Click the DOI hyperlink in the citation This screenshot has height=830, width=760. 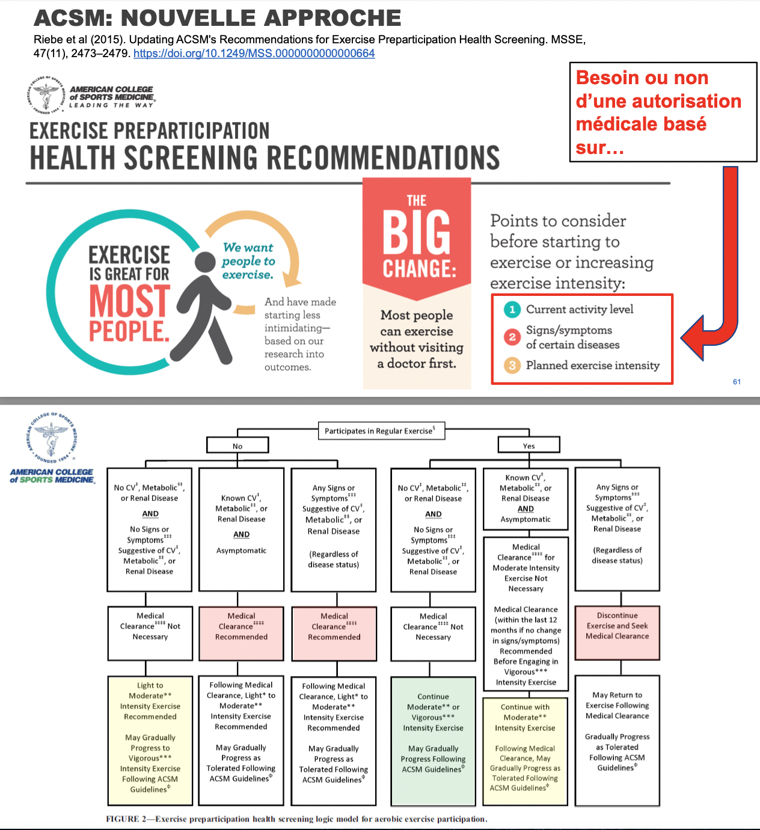[x=254, y=54]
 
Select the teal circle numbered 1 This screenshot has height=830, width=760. [x=512, y=310]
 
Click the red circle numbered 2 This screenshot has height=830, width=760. [x=512, y=337]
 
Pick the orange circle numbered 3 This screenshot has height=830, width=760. [x=512, y=365]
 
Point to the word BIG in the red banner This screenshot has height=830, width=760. [x=417, y=232]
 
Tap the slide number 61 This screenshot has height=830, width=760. [x=737, y=382]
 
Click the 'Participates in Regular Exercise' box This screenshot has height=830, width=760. [x=381, y=431]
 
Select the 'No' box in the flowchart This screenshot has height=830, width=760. [x=237, y=446]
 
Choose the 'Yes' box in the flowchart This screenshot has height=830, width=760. [x=529, y=446]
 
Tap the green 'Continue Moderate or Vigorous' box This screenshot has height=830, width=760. [x=433, y=740]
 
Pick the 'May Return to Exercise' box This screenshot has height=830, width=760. [x=617, y=740]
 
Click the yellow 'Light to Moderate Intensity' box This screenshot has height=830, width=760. [x=150, y=740]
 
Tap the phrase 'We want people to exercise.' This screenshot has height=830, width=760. [x=248, y=261]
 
